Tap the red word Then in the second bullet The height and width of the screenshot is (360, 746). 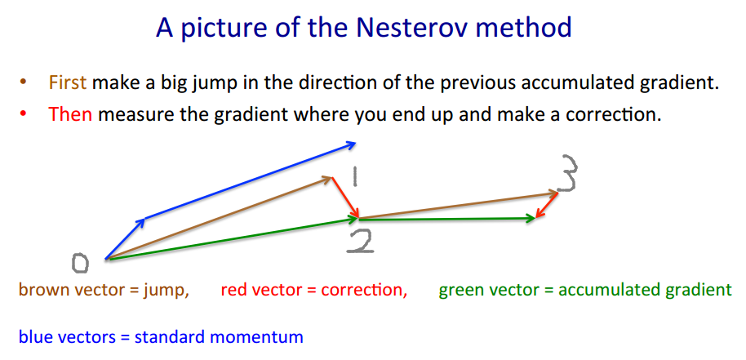(x=70, y=114)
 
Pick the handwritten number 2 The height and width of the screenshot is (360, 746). (x=359, y=240)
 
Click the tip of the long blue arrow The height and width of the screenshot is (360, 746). (x=354, y=144)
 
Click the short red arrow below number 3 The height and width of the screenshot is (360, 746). (x=547, y=205)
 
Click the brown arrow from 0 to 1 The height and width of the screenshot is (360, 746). (x=220, y=218)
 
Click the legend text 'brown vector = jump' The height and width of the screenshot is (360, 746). (x=104, y=290)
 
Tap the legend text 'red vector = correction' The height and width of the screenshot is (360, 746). (x=313, y=290)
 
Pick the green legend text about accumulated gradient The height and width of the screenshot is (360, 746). (x=584, y=290)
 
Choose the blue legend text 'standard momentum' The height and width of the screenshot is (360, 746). (x=160, y=336)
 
